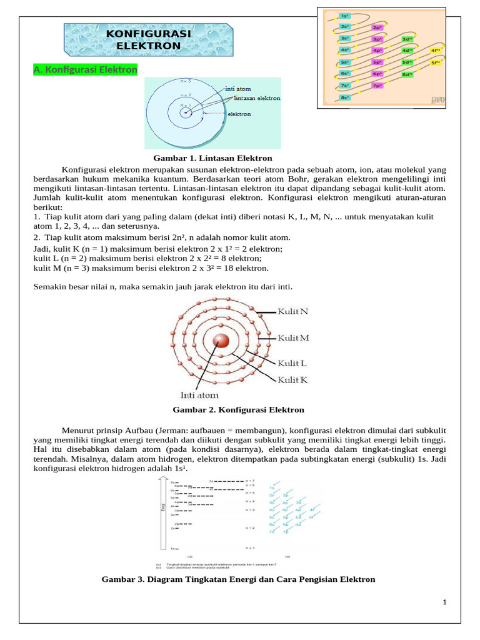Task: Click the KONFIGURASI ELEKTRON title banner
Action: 149,40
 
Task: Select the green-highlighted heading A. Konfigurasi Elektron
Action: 85,70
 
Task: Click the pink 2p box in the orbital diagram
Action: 377,27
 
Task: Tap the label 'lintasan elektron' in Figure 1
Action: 257,98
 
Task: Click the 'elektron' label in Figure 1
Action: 239,114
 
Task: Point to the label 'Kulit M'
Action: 293,338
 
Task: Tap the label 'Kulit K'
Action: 292,379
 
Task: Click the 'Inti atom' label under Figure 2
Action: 199,395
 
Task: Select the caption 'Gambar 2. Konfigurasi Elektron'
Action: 237,410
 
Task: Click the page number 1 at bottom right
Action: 444,602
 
